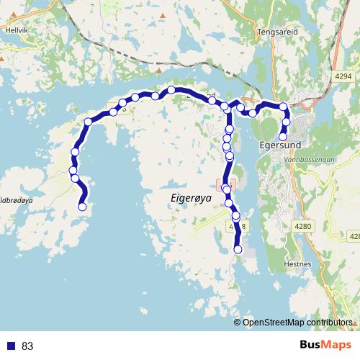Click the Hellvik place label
(15, 31)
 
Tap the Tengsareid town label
(276, 32)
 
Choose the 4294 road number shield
(343, 76)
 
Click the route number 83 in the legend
(28, 346)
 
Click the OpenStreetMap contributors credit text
(297, 323)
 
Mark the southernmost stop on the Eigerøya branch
(238, 250)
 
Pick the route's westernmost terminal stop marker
(82, 207)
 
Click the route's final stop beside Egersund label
(283, 137)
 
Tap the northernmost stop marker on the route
(171, 90)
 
